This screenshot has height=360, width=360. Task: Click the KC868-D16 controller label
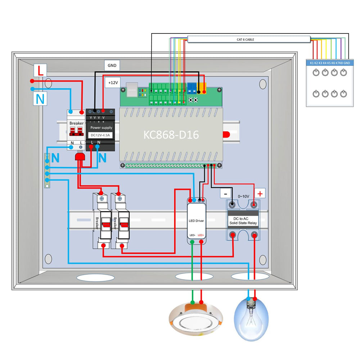[x=171, y=135]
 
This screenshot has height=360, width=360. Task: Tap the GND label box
[x=112, y=65]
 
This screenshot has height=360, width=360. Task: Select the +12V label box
[x=113, y=82]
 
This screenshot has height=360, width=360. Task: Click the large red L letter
[x=41, y=71]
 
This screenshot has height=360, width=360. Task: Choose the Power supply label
[x=101, y=127]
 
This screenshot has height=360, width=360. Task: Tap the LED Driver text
[x=197, y=220]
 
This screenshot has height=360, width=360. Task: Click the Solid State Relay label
[x=243, y=221]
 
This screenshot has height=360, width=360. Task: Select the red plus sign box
[x=261, y=193]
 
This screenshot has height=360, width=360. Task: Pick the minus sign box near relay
[x=225, y=193]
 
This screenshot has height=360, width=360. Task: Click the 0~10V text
[x=243, y=197]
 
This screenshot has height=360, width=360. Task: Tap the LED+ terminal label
[x=201, y=235]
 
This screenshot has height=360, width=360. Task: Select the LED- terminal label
[x=192, y=235]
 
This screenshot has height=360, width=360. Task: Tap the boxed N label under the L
[x=41, y=98]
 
